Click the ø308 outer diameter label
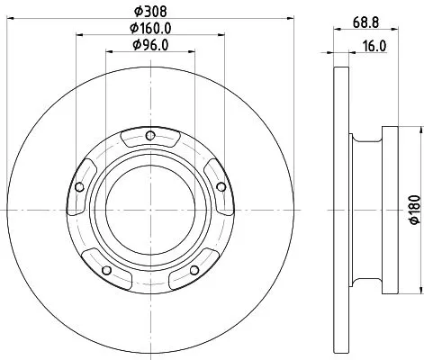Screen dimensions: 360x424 pyautogui.click(x=149, y=12)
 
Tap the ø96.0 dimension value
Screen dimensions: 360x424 pyautogui.click(x=149, y=45)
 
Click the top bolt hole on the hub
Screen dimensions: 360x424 pyautogui.click(x=150, y=137)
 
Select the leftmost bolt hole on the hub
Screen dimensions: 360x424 pyautogui.click(x=81, y=187)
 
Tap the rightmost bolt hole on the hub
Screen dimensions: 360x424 pyautogui.click(x=220, y=187)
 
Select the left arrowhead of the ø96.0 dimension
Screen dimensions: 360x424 pyautogui.click(x=109, y=52)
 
